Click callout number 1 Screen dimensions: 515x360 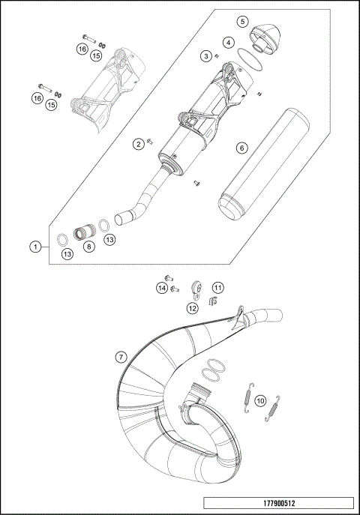coord(34,246)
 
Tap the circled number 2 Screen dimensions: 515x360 coord(139,143)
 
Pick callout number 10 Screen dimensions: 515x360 coord(259,401)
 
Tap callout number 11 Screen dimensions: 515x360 coord(217,287)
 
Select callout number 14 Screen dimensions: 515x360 coord(162,287)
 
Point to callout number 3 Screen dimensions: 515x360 coord(203,55)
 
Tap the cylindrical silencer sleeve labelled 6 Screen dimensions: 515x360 coord(262,161)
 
